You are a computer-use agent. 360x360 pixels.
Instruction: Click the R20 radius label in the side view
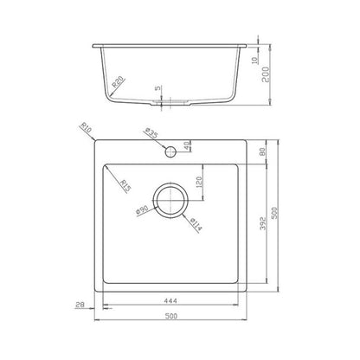coord(118,81)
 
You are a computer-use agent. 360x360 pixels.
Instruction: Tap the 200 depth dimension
coord(266,74)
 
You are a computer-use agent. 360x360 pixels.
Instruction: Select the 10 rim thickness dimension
coord(254,61)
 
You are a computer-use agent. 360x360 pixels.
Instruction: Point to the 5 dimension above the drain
coord(157,88)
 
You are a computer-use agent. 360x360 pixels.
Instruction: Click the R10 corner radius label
coord(86,127)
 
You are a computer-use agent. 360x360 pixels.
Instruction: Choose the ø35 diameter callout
coord(151,132)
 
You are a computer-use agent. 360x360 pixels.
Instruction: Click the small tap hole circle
coord(170,151)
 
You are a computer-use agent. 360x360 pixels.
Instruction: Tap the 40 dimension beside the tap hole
coord(187,145)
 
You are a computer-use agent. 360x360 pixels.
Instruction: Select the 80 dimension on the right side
coord(263,152)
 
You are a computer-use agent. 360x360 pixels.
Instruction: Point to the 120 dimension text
coord(199,182)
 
